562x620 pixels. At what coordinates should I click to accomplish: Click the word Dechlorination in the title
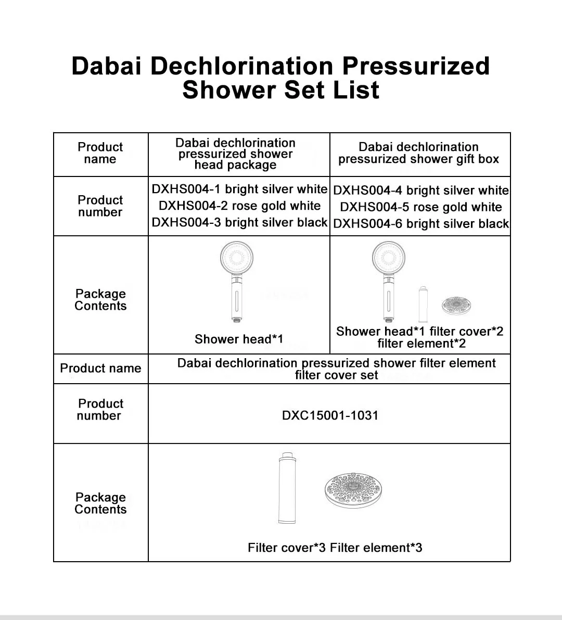(242, 66)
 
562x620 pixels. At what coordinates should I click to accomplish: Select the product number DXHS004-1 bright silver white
(239, 189)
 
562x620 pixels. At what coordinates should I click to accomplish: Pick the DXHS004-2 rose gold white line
(239, 206)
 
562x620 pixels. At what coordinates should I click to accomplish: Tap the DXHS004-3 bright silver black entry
(239, 222)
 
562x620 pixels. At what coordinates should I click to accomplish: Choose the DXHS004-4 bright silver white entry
(420, 191)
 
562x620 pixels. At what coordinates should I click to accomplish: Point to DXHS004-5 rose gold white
(420, 207)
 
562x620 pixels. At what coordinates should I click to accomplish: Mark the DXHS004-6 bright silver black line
(420, 224)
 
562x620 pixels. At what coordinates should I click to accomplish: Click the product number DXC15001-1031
(330, 415)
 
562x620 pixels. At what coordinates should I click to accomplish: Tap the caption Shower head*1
(239, 339)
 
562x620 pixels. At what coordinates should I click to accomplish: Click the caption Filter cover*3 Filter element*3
(335, 548)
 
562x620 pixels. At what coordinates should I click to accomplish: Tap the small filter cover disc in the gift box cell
(456, 306)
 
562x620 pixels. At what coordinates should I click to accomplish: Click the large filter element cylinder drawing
(286, 488)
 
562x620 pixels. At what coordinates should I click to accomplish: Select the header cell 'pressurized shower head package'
(236, 154)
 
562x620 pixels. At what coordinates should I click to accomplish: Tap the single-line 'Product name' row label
(100, 369)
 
